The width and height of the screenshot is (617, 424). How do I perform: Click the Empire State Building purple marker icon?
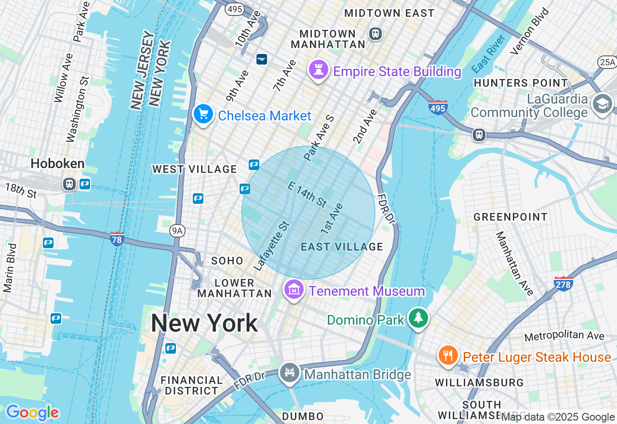coord(318,70)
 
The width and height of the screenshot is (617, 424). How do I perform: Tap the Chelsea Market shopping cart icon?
coord(203,115)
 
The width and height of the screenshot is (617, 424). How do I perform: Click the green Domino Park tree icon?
coord(418,318)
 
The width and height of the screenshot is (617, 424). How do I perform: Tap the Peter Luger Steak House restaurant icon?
coord(448,356)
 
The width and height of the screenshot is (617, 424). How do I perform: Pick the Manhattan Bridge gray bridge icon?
coord(290,373)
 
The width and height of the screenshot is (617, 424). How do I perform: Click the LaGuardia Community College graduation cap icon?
coord(603,104)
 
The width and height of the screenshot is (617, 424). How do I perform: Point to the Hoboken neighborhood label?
coord(57,164)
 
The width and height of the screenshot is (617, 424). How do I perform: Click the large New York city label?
coord(204,323)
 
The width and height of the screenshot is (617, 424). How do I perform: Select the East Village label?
coord(342,247)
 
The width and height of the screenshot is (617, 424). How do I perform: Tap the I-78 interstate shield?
coord(117,238)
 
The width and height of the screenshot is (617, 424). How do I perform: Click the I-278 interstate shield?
coord(563,283)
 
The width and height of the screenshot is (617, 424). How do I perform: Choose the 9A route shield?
coord(177,231)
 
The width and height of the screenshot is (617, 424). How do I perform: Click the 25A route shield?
coord(607,62)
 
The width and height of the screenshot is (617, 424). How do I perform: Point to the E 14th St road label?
coord(307,194)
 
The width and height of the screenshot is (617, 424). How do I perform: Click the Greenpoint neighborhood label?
coord(510,217)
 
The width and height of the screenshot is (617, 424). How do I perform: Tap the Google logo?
coord(32,412)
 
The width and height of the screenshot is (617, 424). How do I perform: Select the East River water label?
coord(488,53)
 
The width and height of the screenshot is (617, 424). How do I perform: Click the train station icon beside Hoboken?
coord(70,184)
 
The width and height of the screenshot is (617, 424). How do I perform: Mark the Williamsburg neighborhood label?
coord(479,383)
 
